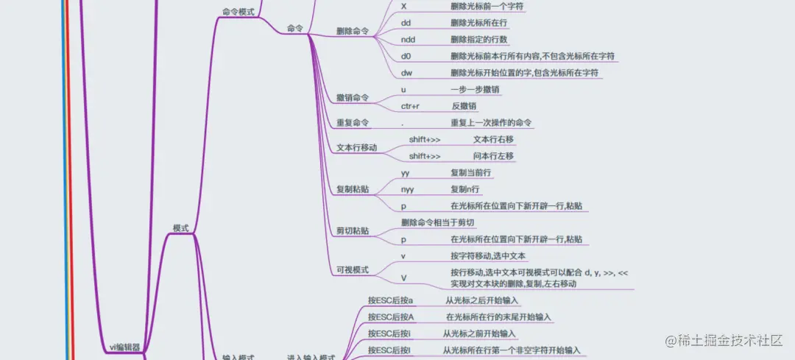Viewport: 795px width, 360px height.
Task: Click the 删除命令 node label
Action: click(x=353, y=32)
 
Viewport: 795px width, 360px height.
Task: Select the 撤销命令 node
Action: click(x=353, y=98)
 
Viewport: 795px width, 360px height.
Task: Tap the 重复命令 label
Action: click(x=353, y=123)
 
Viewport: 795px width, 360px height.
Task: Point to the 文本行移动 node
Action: click(x=356, y=148)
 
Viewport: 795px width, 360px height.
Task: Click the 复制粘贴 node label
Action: click(x=353, y=189)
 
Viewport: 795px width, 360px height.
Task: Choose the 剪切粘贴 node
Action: click(x=353, y=231)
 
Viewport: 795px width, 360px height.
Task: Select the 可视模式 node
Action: click(x=353, y=270)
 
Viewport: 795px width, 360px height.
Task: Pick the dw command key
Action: click(x=406, y=73)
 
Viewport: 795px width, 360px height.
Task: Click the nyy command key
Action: click(x=409, y=189)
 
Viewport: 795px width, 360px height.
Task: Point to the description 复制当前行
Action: click(x=471, y=173)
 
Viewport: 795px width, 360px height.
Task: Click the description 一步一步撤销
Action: click(x=476, y=89)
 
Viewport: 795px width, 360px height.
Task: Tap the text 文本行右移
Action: click(x=493, y=139)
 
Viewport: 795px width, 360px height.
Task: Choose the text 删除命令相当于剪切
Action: click(x=438, y=222)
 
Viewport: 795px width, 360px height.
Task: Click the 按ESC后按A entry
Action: click(x=391, y=317)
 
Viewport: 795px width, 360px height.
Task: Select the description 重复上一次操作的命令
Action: click(x=491, y=123)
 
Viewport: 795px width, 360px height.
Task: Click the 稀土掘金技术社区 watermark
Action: click(x=723, y=340)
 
